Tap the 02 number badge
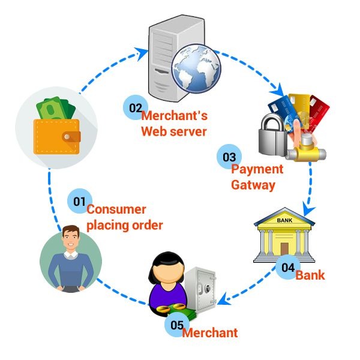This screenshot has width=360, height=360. (134, 108)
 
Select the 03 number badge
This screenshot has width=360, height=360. (229, 157)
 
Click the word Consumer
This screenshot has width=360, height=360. (116, 210)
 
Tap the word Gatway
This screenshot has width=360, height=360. (253, 185)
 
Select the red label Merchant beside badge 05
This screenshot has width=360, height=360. (209, 332)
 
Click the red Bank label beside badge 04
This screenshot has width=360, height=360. (310, 275)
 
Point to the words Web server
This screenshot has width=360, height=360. (173, 131)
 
